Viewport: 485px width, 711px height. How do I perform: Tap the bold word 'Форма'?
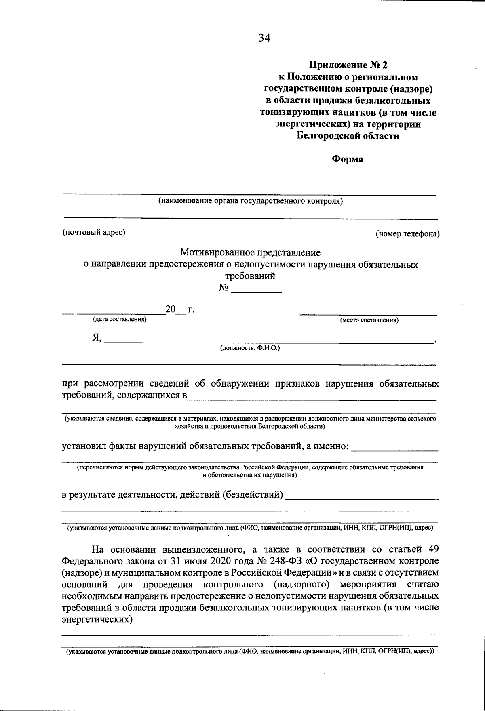[x=348, y=159]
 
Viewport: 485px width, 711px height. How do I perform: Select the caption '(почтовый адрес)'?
[x=93, y=232]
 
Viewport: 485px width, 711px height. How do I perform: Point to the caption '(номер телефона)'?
[x=407, y=234]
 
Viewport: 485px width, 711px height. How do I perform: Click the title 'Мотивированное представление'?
[x=250, y=253]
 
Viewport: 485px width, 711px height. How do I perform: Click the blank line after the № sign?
[x=256, y=290]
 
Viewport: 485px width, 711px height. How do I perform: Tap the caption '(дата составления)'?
[x=120, y=320]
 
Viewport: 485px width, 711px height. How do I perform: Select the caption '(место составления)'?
[x=369, y=320]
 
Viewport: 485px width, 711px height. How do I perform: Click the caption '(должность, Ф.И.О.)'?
[x=250, y=348]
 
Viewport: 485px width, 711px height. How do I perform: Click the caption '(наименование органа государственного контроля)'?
[x=250, y=201]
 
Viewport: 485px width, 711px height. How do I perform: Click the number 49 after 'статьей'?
[x=432, y=549]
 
